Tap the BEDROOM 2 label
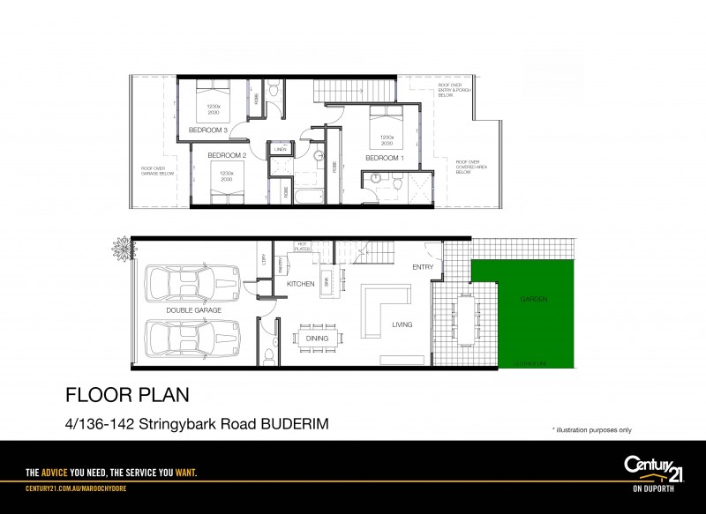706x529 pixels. [x=227, y=155]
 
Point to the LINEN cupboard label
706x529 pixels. [x=281, y=150]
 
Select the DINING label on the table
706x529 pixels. [x=317, y=338]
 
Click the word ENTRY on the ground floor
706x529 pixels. [x=422, y=266]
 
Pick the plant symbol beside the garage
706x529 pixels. [x=120, y=250]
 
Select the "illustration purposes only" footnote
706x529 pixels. [x=591, y=429]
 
